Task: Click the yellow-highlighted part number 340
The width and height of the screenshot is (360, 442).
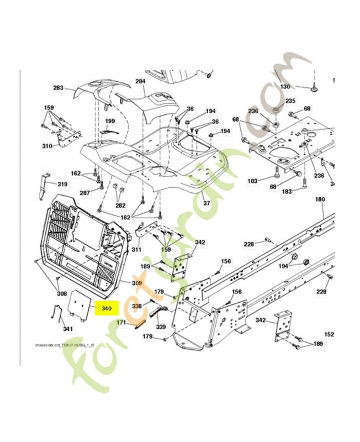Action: tap(103, 308)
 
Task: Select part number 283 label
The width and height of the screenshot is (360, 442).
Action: tap(59, 88)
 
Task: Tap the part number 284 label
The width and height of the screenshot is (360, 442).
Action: tap(140, 81)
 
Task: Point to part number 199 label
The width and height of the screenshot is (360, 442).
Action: tap(110, 121)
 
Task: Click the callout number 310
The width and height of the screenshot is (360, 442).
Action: tap(47, 146)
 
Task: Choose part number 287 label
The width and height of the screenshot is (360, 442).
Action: tap(84, 193)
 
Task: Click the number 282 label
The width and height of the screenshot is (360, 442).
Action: tap(120, 206)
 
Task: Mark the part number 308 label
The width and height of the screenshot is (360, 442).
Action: tap(62, 294)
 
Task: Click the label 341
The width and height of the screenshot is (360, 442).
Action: tap(68, 329)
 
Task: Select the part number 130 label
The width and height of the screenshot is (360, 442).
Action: tap(284, 87)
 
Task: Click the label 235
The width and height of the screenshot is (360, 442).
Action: tap(290, 101)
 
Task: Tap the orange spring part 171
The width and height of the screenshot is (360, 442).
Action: tap(139, 322)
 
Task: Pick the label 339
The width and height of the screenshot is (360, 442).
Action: tap(161, 327)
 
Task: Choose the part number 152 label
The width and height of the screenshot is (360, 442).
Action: tap(329, 335)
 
